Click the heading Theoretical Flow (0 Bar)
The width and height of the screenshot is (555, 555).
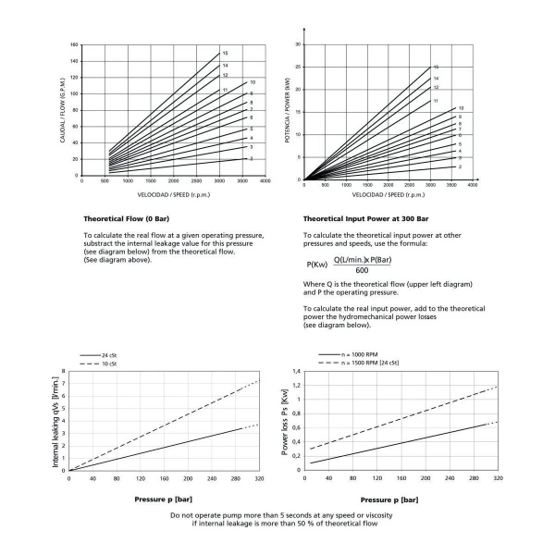click(x=112, y=218)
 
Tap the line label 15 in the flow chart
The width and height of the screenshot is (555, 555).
click(x=225, y=54)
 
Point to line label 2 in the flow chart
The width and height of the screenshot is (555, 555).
click(x=252, y=159)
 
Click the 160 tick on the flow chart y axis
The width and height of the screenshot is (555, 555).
click(x=73, y=45)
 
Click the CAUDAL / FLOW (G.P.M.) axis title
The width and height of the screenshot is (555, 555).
click(x=64, y=110)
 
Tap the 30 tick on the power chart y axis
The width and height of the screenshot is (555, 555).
click(x=298, y=44)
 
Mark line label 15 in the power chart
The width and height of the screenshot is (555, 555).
click(x=436, y=67)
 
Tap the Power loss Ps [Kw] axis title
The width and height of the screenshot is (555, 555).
click(x=285, y=421)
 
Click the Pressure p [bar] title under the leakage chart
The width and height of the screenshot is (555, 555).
click(x=159, y=499)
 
